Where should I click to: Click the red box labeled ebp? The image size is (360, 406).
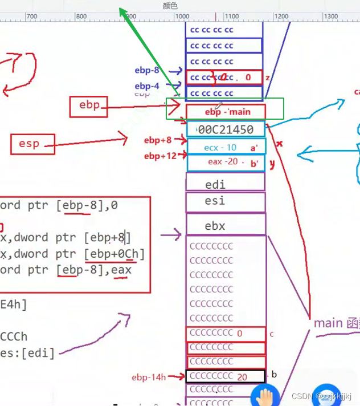(89, 106)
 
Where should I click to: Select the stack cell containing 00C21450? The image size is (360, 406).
(226, 129)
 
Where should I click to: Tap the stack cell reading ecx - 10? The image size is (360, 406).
(226, 147)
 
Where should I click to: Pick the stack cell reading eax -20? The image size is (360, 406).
(226, 162)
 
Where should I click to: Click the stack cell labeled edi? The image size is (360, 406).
(226, 184)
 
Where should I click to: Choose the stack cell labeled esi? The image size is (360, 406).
(226, 201)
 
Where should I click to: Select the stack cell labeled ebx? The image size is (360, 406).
(226, 226)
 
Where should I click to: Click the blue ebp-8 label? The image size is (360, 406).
(147, 71)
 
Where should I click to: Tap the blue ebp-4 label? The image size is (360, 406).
(147, 86)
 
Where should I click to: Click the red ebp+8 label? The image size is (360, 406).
(158, 140)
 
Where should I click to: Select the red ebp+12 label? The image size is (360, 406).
(160, 156)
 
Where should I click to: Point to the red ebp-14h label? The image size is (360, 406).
(149, 377)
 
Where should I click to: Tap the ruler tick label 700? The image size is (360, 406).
(32, 17)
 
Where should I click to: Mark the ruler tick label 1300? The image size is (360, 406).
(331, 17)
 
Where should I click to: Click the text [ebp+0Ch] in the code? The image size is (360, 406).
(114, 253)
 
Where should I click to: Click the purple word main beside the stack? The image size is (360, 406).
(328, 323)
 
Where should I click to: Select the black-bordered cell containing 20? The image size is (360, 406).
(226, 376)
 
